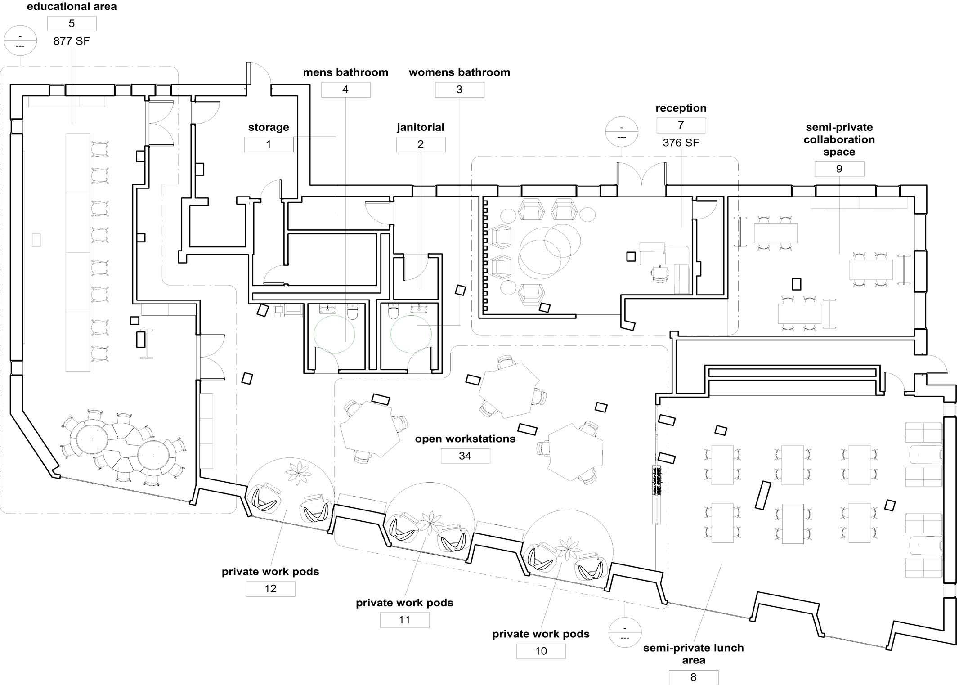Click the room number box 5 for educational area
[x=72, y=23]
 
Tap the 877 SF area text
[x=72, y=41]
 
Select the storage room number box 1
[x=269, y=144]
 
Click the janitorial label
[x=421, y=127]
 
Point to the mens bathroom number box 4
[x=345, y=90]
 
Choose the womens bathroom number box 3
[x=459, y=90]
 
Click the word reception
[x=681, y=108]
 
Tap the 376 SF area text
[x=681, y=143]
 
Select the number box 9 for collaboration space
[x=839, y=169]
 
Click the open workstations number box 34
[x=465, y=456]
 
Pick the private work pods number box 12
[x=270, y=589]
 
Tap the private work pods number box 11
[x=404, y=620]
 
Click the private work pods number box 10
[x=541, y=651]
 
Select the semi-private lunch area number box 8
[x=693, y=677]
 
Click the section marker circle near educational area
[x=20, y=40]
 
